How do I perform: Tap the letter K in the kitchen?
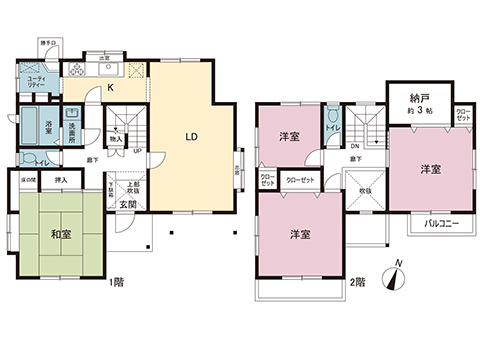coord(111,88)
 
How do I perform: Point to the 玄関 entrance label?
coord(130,205)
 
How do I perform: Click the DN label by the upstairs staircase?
coord(354,144)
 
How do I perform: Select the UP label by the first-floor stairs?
coord(136,152)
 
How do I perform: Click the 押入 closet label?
coord(61,180)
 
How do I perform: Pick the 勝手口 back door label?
coord(47,43)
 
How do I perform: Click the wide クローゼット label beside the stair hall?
coord(299,180)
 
